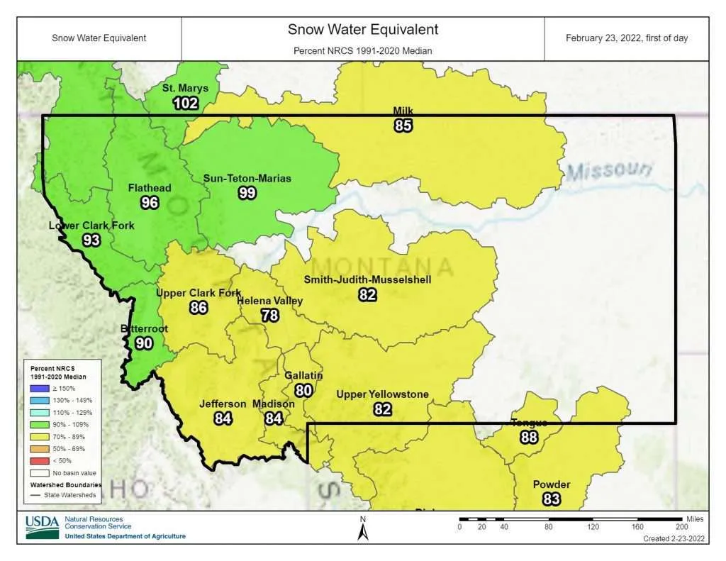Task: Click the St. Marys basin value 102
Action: (186, 103)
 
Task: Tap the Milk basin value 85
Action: (403, 126)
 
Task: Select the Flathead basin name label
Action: (149, 188)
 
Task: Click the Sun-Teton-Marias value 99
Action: (247, 192)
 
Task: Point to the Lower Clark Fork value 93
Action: (91, 240)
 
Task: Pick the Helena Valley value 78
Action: (269, 315)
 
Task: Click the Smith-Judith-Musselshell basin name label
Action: (367, 279)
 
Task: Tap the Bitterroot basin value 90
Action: (144, 343)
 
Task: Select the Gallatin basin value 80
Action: (303, 389)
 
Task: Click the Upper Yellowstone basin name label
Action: (382, 394)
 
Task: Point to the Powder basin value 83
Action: (552, 499)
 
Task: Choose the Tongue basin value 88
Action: (529, 437)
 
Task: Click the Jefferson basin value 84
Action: (223, 418)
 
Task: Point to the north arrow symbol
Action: (362, 529)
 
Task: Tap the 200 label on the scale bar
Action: (682, 526)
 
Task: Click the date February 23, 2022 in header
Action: (626, 38)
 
